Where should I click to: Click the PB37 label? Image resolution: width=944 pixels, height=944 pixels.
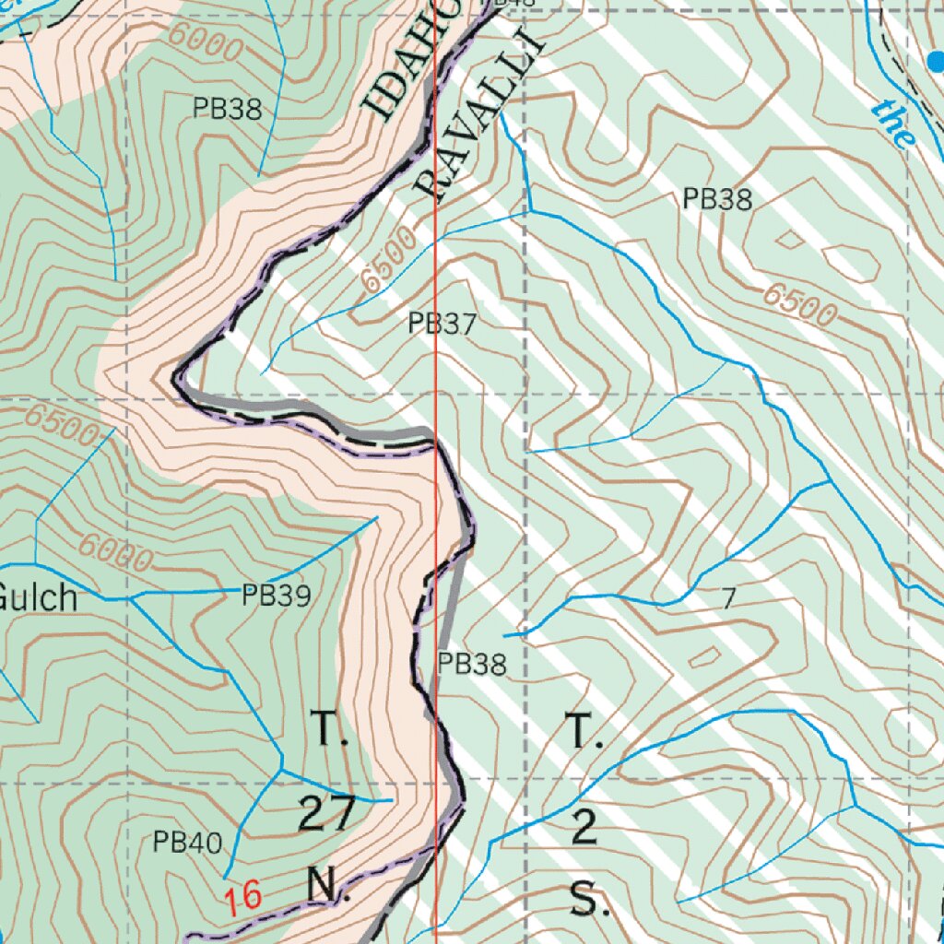pyautogui.click(x=442, y=324)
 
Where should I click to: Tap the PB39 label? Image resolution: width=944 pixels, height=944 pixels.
pyautogui.click(x=276, y=596)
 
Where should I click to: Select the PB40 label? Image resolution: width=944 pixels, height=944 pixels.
pyautogui.click(x=187, y=842)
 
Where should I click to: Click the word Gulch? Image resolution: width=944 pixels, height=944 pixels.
pyautogui.click(x=37, y=597)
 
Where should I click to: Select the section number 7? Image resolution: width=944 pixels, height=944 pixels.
pyautogui.click(x=728, y=600)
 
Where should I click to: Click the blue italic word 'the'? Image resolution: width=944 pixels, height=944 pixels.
pyautogui.click(x=895, y=125)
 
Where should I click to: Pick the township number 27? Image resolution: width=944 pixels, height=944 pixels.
pyautogui.click(x=326, y=814)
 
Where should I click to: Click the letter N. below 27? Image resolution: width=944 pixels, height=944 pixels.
pyautogui.click(x=323, y=886)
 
